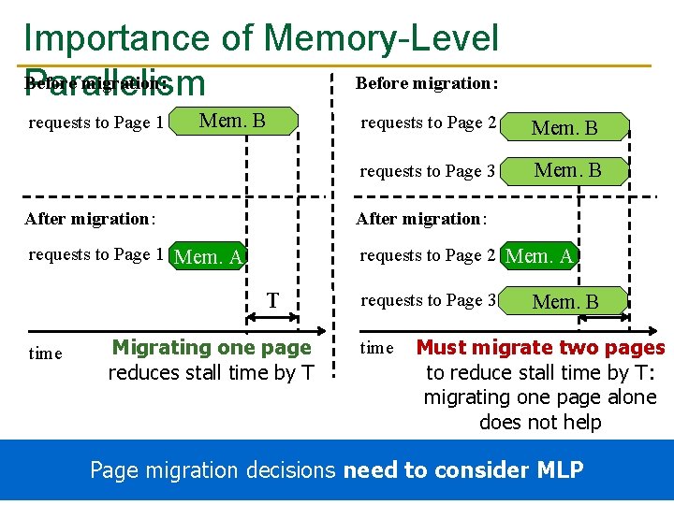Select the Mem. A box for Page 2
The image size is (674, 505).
539,255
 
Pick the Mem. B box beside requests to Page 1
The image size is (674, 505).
233,121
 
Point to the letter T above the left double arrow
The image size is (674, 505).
272,301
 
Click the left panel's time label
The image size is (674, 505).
46,353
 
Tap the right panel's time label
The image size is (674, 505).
377,348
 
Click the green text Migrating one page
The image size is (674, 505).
211,348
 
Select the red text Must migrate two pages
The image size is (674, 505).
540,348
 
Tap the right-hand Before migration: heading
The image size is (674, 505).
427,83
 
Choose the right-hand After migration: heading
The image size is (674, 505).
420,219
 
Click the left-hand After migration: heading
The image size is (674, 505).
90,219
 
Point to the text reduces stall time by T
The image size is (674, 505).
211,372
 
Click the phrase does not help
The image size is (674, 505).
539,422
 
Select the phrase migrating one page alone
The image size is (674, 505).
540,397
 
